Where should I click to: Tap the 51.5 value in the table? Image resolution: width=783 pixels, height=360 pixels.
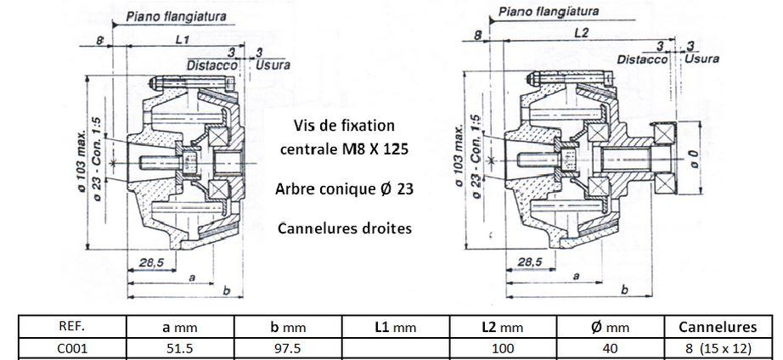179,348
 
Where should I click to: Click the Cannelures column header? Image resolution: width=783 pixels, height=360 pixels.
718,326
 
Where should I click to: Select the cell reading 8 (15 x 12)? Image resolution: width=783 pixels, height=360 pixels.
718,348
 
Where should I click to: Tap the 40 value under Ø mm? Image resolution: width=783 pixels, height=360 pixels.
611,348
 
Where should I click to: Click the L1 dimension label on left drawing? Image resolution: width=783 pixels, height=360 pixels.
182,40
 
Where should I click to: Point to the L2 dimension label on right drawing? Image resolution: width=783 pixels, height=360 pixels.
581,33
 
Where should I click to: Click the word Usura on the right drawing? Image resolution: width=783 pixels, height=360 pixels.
703,59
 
